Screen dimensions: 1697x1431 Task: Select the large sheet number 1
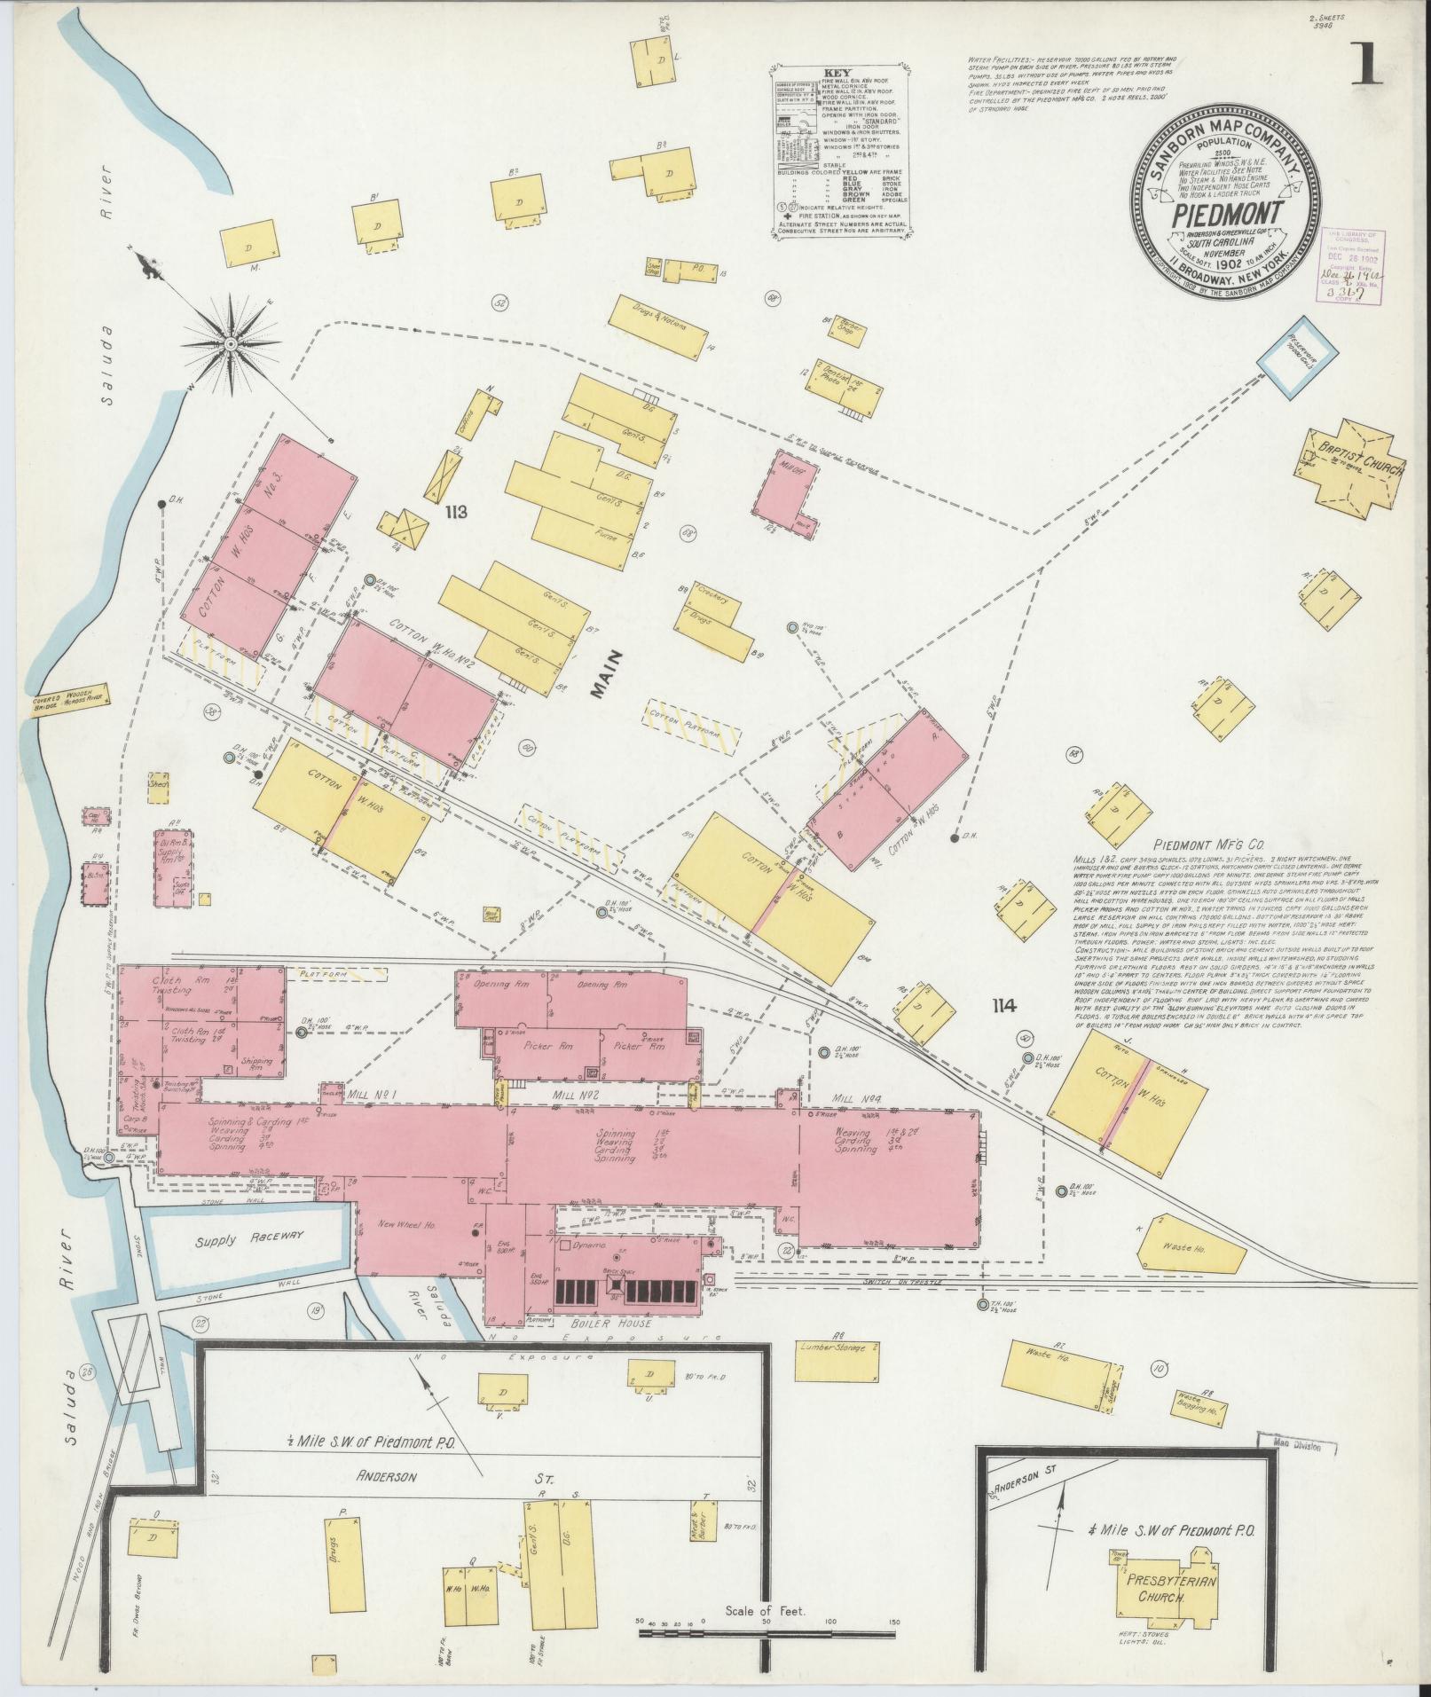pos(1367,67)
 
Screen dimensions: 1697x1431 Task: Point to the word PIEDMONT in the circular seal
pos(1228,215)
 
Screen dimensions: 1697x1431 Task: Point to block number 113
pos(459,512)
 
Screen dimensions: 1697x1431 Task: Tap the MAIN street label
pos(610,675)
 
